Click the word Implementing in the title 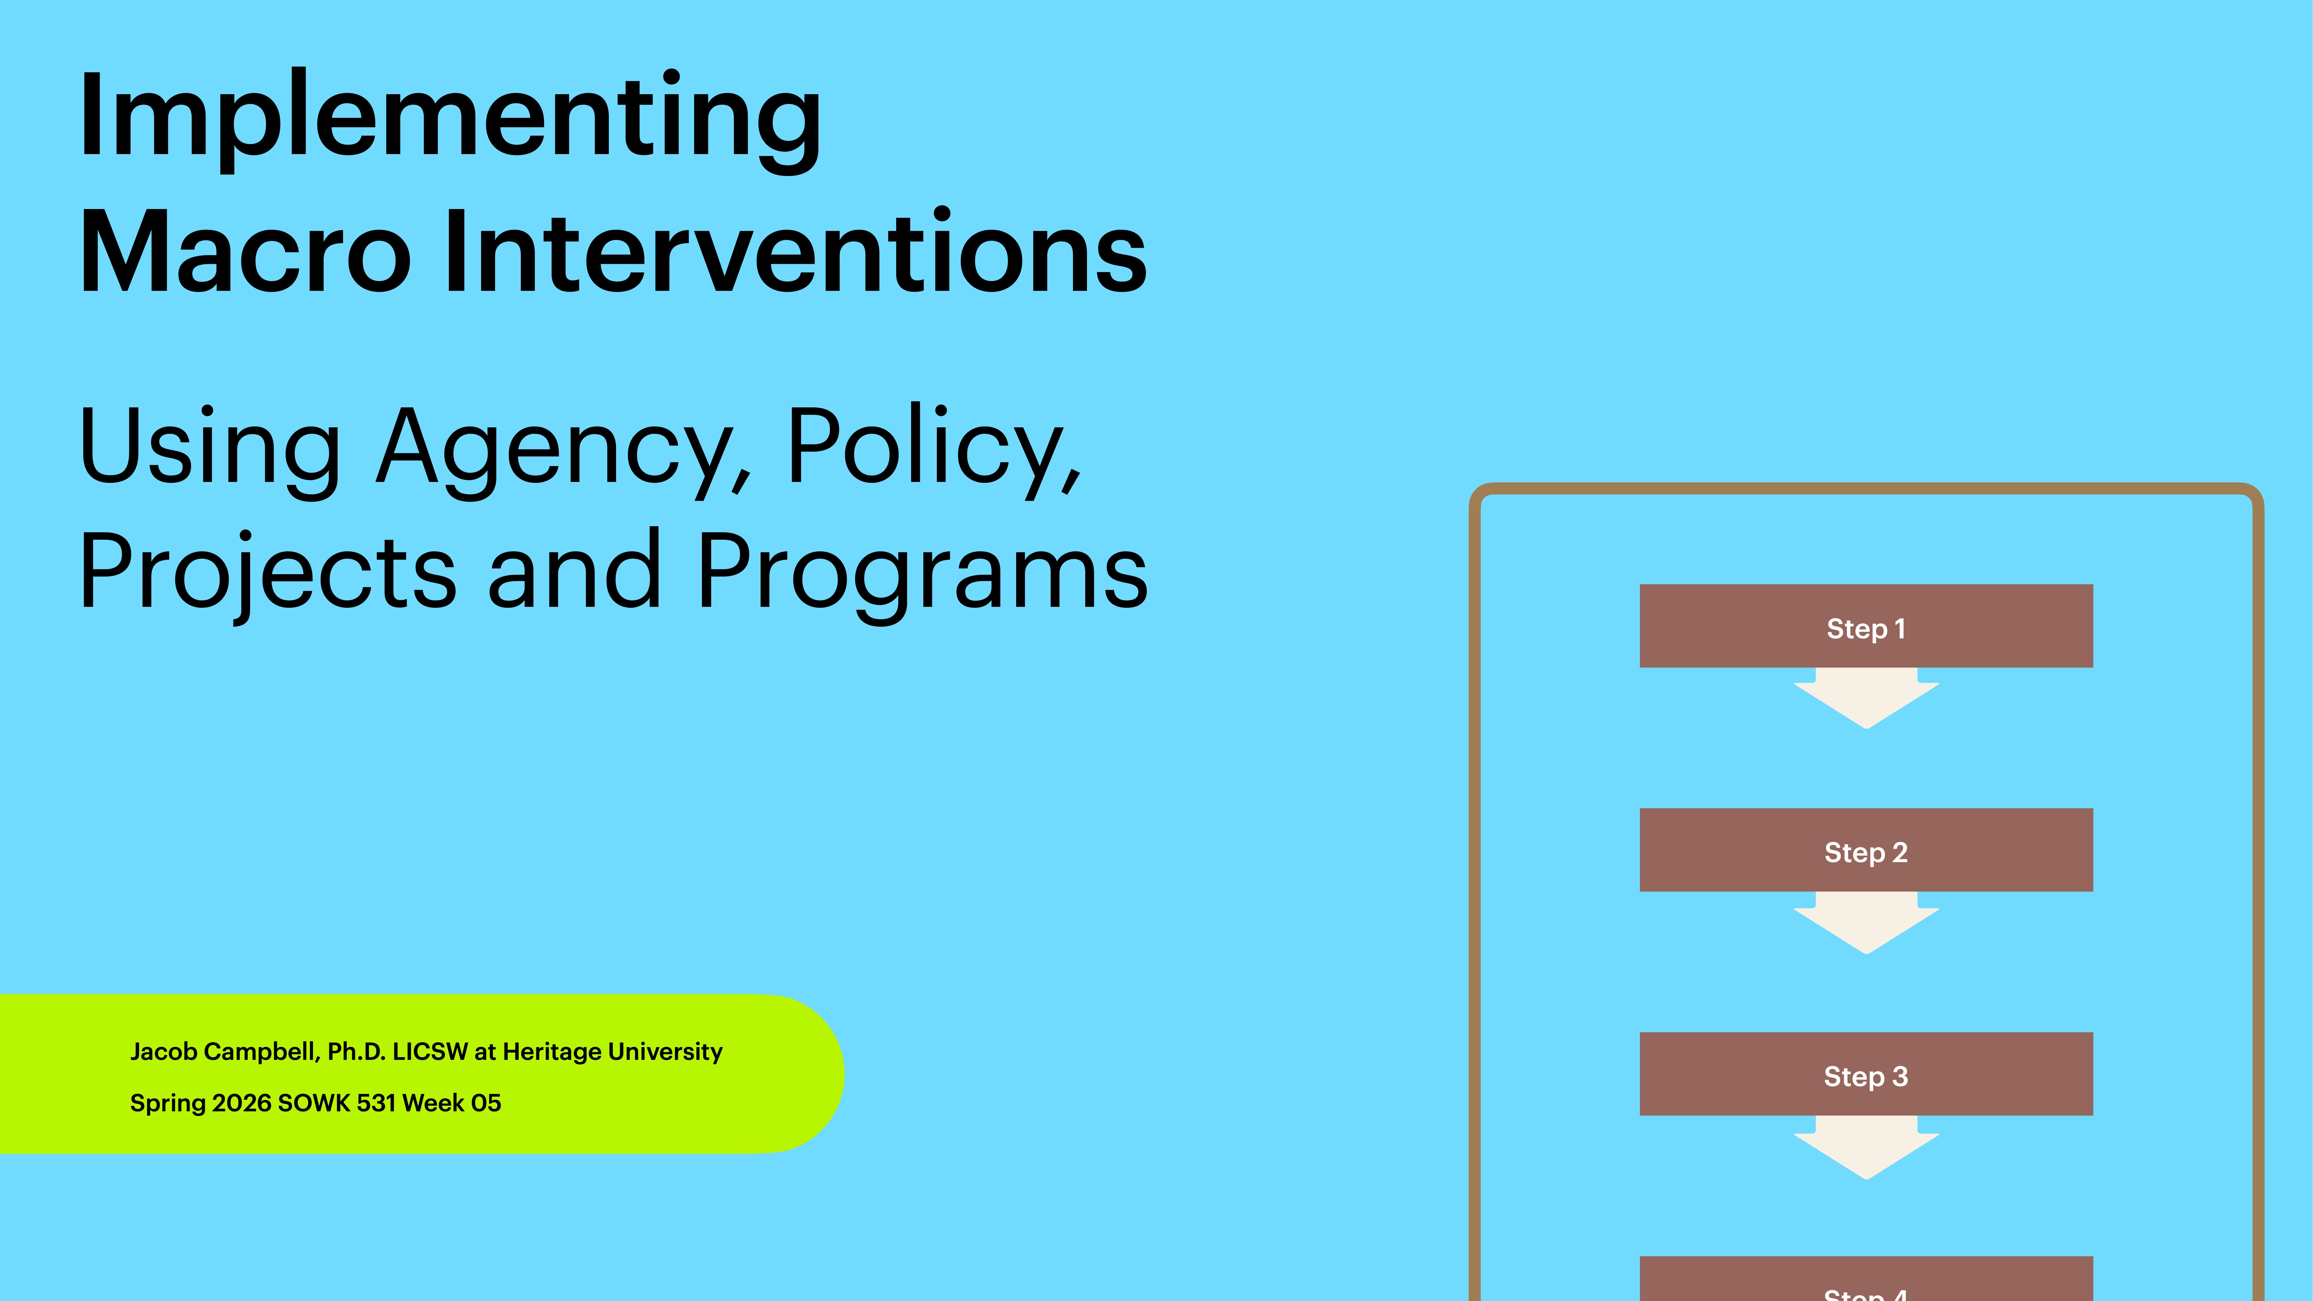click(449, 117)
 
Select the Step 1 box click(1866, 627)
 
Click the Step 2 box click(1866, 850)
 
